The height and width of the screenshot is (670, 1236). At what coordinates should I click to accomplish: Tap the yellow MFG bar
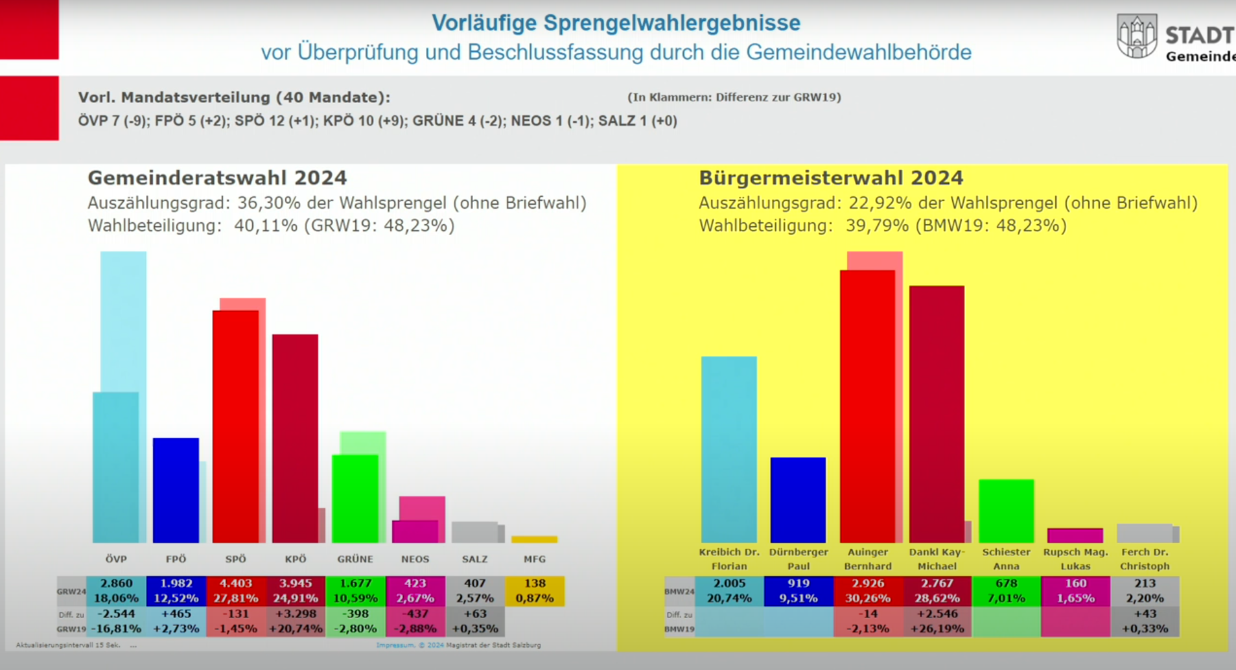534,539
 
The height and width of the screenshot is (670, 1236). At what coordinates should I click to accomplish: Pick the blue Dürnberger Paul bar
798,500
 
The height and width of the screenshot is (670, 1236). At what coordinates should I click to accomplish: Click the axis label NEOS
415,559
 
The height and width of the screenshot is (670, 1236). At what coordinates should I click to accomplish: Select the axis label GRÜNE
355,559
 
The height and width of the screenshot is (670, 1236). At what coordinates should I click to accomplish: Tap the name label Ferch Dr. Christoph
1145,559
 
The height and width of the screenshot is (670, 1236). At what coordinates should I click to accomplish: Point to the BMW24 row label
679,591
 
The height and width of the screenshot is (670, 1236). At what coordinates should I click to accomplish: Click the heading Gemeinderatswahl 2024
217,178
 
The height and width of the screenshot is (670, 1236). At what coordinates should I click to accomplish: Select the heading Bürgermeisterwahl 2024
830,178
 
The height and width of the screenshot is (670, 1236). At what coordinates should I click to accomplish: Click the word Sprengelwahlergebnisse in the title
671,23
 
